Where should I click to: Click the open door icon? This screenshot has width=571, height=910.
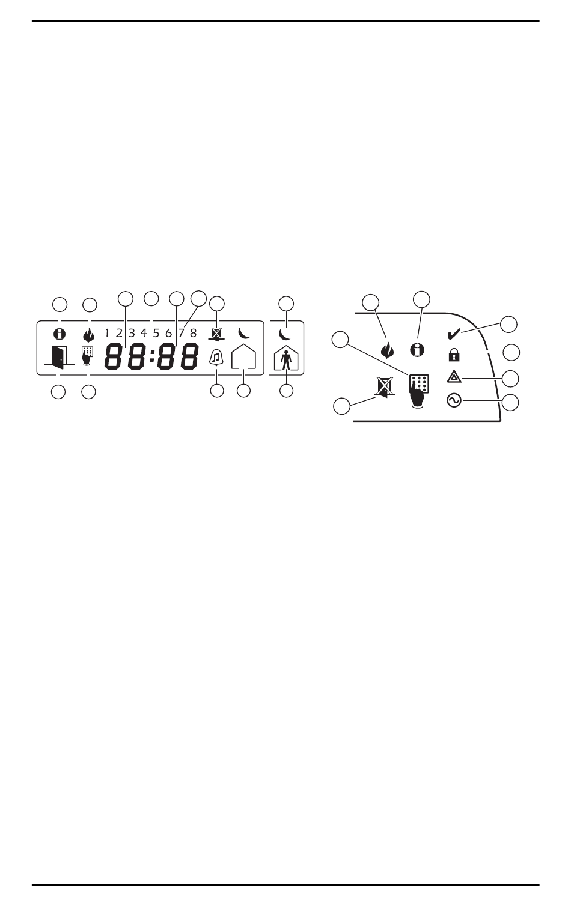pyautogui.click(x=59, y=358)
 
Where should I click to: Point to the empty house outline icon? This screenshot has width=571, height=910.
pyautogui.click(x=243, y=358)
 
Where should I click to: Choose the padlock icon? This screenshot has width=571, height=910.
pyautogui.click(x=454, y=355)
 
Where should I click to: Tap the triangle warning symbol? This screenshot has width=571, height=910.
pyautogui.click(x=454, y=377)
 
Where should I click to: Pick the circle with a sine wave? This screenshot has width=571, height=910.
pyautogui.click(x=454, y=400)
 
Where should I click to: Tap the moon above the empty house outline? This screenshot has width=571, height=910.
pyautogui.click(x=243, y=332)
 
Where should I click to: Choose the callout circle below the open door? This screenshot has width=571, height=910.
pyautogui.click(x=58, y=391)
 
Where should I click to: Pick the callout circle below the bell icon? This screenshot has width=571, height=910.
pyautogui.click(x=216, y=391)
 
